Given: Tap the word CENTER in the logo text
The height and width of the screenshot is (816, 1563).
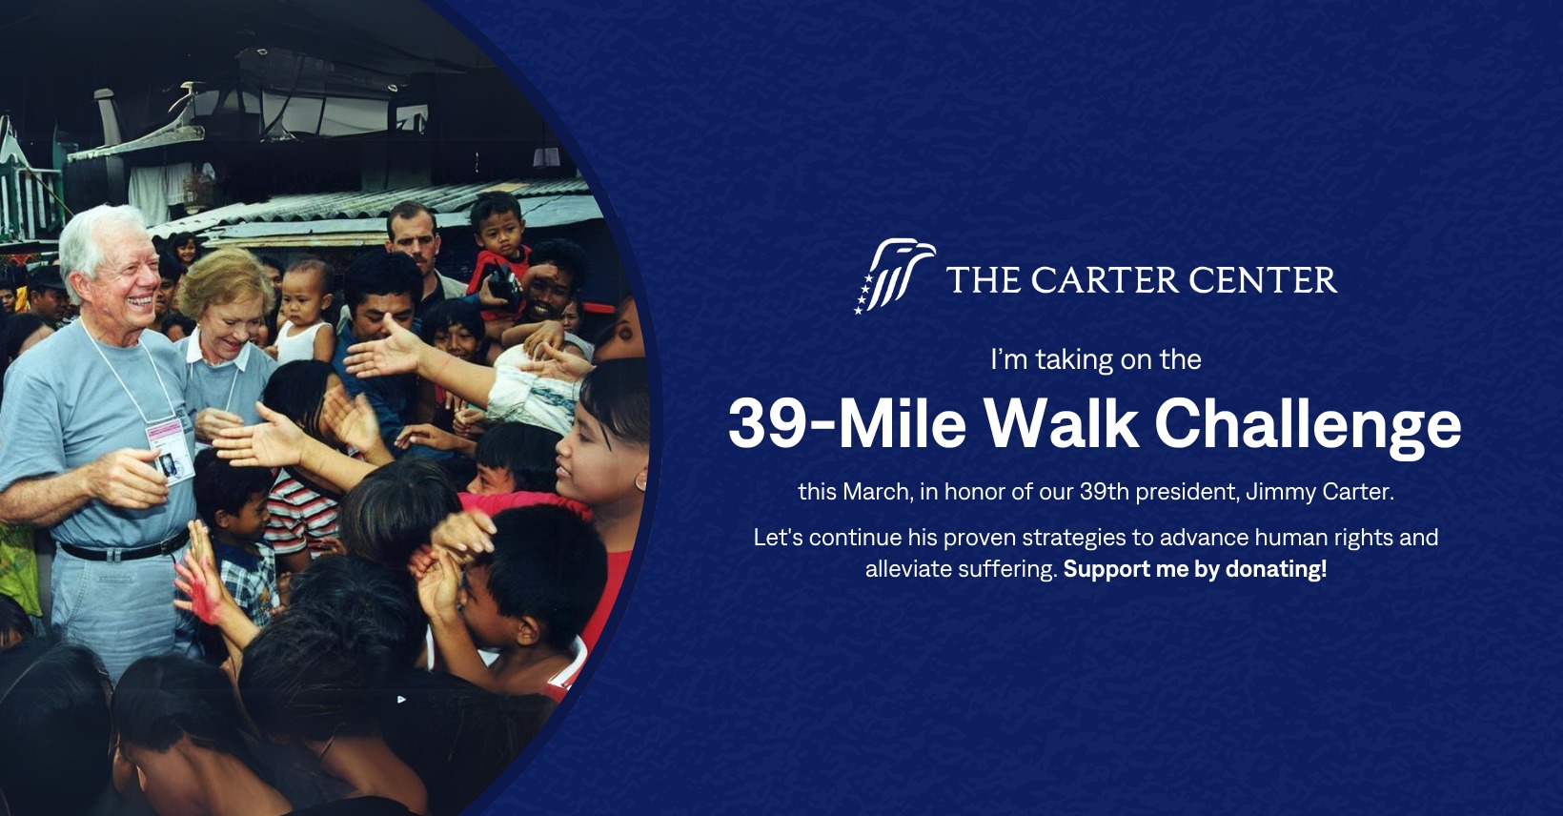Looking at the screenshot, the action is (1263, 280).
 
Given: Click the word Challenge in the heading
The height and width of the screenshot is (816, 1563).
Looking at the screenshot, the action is (1308, 426).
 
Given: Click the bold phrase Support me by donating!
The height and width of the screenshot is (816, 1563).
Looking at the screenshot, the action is (1194, 569).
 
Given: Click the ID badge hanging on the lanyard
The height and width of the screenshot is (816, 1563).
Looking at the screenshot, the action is (170, 451).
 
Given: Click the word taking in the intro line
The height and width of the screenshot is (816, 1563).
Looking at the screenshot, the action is (1075, 360).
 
